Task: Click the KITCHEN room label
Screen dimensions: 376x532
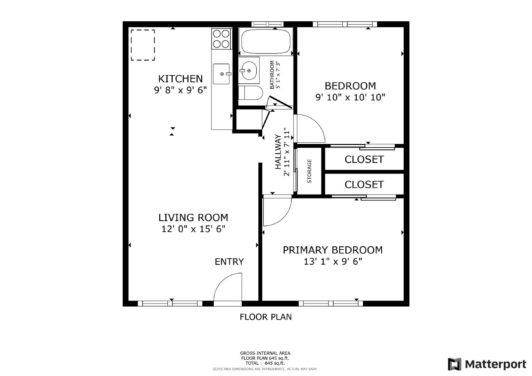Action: pos(180,79)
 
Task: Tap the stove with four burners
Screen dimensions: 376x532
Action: pos(221,39)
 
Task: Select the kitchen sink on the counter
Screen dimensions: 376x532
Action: pos(221,74)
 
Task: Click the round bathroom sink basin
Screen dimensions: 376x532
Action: pos(248,70)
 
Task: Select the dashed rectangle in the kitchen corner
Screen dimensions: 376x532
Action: pos(143,45)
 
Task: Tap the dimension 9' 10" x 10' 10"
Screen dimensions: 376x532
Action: pos(350,97)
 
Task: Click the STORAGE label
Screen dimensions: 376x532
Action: pos(309,171)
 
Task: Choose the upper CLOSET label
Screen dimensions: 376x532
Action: pos(364,160)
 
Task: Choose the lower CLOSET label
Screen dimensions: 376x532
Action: pos(364,185)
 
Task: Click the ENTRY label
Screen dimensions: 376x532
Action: pos(229,262)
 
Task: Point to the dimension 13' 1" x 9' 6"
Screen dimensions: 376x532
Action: pos(332,262)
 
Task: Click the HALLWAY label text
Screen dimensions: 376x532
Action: pos(278,152)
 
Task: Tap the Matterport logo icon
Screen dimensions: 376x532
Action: pos(455,364)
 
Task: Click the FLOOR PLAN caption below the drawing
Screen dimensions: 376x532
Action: pos(266,317)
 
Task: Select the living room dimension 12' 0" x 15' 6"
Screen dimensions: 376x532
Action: pos(193,229)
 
